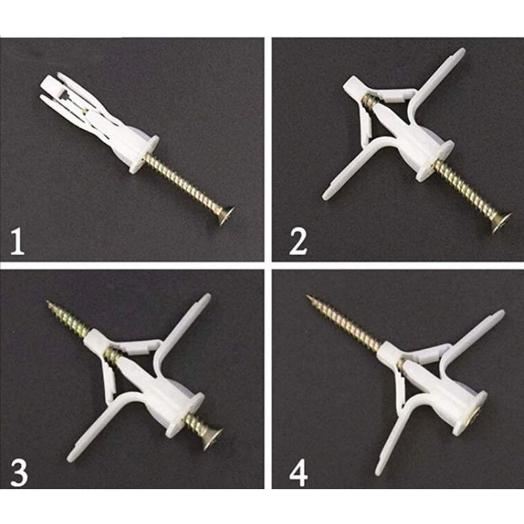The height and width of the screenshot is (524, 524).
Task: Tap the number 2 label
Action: (x=298, y=242)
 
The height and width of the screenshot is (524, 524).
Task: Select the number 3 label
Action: (x=18, y=473)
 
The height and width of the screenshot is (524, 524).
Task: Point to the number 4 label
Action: (x=298, y=473)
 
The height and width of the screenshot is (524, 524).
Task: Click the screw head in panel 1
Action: (x=227, y=214)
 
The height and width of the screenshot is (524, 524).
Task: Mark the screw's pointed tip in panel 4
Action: (x=309, y=298)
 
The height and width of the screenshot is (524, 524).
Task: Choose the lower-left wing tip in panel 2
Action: (x=326, y=195)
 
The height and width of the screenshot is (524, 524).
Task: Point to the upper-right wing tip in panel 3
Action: (x=206, y=299)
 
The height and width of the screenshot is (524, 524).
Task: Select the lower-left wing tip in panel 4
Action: (x=379, y=470)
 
